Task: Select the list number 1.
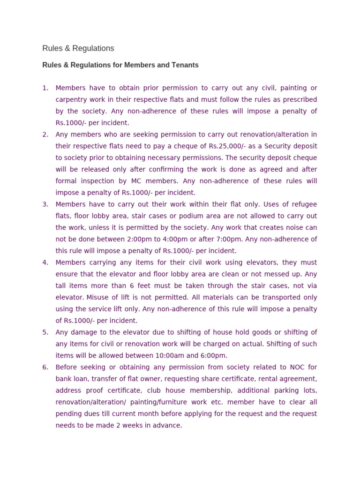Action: coord(45,88)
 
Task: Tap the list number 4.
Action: coord(45,262)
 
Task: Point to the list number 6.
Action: coord(45,367)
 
